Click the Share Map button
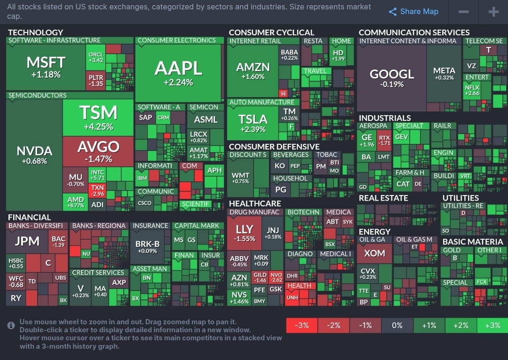(x=413, y=12)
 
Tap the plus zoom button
(x=493, y=12)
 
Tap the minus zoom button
(x=463, y=12)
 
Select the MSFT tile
(x=46, y=67)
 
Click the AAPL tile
(x=178, y=73)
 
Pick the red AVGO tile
(x=98, y=151)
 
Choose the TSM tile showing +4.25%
(x=98, y=117)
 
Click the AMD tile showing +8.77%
(x=75, y=202)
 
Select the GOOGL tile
(x=392, y=78)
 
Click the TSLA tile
(x=253, y=123)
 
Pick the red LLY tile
(x=245, y=233)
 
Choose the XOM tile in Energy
(x=374, y=253)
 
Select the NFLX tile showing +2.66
(x=472, y=90)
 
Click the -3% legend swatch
(x=302, y=325)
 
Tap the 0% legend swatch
(x=397, y=325)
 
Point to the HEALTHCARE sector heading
(x=254, y=203)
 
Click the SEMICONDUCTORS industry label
(x=38, y=95)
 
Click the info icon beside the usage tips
(x=11, y=325)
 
